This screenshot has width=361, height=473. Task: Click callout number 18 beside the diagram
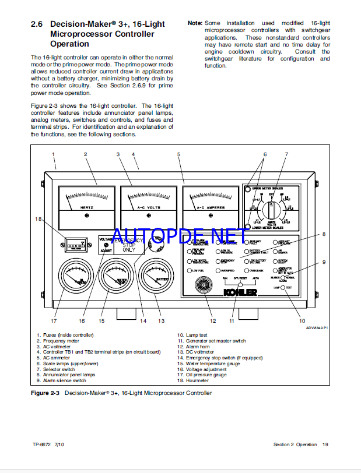38,219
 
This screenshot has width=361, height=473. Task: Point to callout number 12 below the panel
213,320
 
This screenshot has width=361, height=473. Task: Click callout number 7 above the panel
286,154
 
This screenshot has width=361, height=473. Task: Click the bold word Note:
195,23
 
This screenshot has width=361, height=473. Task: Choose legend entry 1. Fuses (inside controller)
64,335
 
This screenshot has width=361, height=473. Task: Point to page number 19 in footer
325,444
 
